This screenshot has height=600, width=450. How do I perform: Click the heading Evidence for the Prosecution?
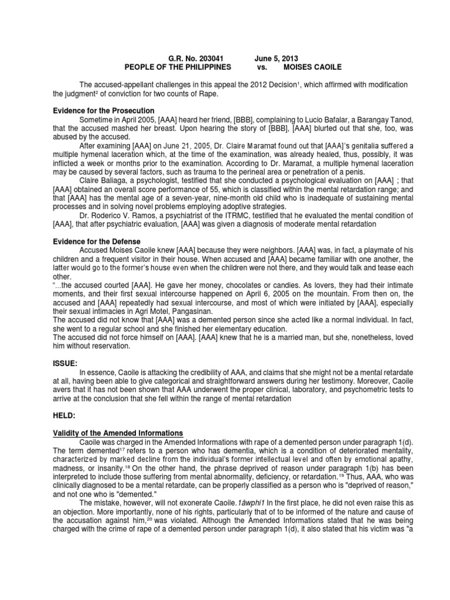click(103, 111)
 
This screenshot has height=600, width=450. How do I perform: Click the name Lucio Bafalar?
click(310, 119)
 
